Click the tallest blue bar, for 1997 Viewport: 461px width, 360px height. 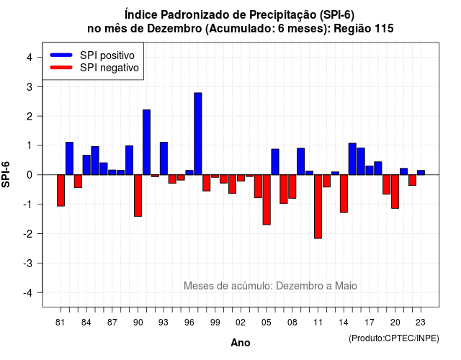pos(198,134)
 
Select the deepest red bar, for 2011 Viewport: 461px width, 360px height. pos(318,207)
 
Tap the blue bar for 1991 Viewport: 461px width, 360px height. pos(146,143)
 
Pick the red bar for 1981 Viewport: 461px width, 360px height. pos(61,190)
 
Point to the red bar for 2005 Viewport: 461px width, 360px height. pos(267,200)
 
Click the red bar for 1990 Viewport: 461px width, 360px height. pos(138,196)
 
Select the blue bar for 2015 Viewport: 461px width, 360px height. pos(352,159)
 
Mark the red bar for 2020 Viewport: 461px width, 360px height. pos(395,192)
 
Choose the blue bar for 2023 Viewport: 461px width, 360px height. pos(421,173)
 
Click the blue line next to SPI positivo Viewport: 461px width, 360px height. pos(61,55)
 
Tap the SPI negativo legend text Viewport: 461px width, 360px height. pos(109,68)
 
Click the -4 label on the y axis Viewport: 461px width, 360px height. pos(30,293)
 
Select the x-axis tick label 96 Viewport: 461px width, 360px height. pos(189,323)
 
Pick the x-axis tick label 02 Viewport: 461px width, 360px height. pos(241,323)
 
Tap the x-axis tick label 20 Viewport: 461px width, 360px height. pos(395,323)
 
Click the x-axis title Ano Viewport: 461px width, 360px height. pos(241,343)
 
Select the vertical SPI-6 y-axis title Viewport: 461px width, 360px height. pos(6,174)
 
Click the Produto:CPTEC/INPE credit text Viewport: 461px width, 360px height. pos(394,338)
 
